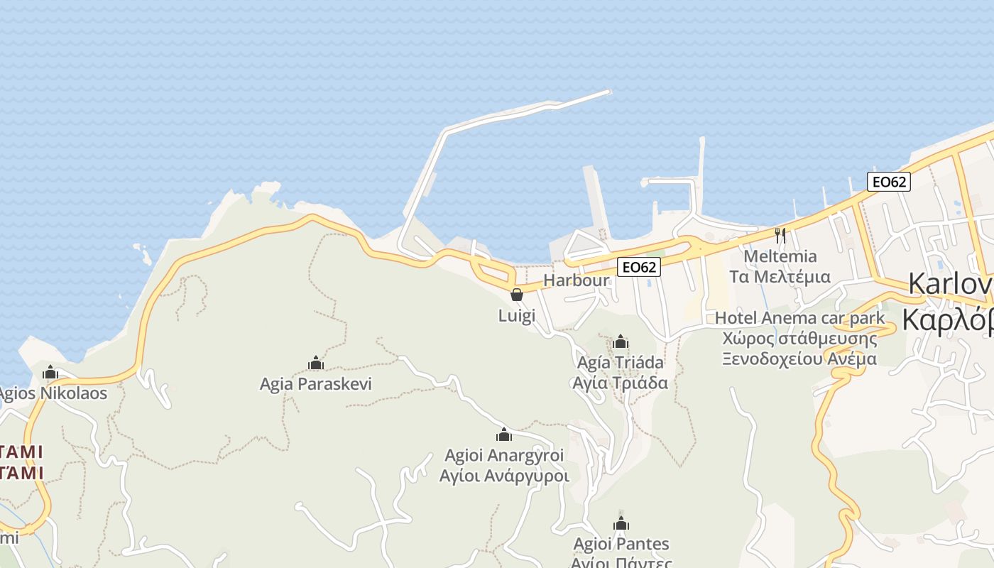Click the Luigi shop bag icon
click(x=517, y=294)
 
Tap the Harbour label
click(x=577, y=280)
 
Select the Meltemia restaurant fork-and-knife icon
click(x=780, y=235)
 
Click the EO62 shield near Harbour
click(x=639, y=267)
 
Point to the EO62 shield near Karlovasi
click(x=888, y=182)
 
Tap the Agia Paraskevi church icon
click(x=316, y=364)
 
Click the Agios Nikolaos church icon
click(x=50, y=372)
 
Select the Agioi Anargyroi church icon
click(x=504, y=435)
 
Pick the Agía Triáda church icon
click(x=621, y=342)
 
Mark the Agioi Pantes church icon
click(x=621, y=524)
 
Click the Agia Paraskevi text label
click(x=316, y=384)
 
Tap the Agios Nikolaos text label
click(x=53, y=393)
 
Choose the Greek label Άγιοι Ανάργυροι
click(x=504, y=476)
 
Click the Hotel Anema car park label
click(x=800, y=317)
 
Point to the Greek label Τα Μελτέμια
click(x=780, y=276)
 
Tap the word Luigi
click(x=517, y=315)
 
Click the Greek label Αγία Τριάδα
click(x=621, y=383)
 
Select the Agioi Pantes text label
click(x=621, y=545)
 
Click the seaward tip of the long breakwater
click(x=608, y=92)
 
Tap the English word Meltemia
click(x=780, y=256)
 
